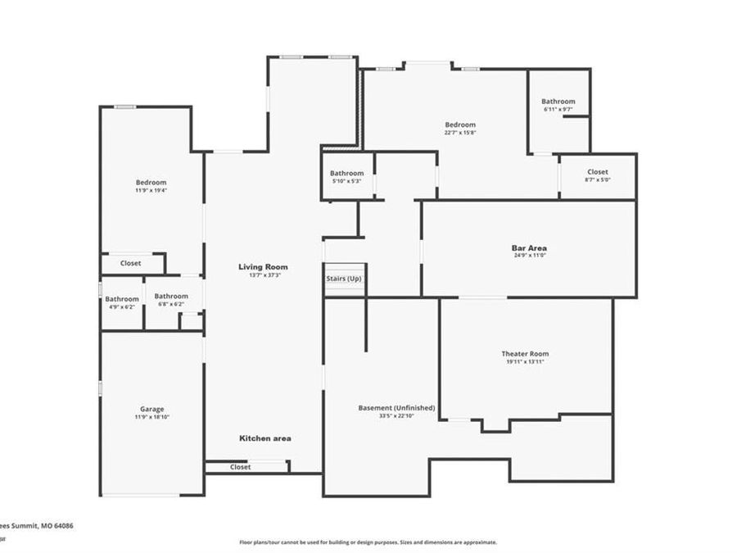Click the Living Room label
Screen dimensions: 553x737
point(263,267)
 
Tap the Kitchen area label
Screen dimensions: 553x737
point(265,438)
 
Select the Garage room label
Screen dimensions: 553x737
point(151,409)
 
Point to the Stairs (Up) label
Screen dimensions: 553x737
point(344,279)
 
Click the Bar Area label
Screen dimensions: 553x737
point(529,247)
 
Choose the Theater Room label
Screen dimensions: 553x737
point(525,354)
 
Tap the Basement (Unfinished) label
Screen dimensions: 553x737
point(396,408)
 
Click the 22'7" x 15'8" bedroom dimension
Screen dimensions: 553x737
point(460,132)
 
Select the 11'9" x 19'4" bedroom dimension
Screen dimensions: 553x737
point(151,190)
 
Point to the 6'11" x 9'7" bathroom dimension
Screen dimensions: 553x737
point(558,109)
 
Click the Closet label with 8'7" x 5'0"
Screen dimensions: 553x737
point(597,172)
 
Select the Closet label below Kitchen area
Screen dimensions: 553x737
point(240,467)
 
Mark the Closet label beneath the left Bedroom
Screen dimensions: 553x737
point(130,263)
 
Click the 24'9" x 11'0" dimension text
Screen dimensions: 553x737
point(529,256)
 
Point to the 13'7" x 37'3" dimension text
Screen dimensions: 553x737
point(263,275)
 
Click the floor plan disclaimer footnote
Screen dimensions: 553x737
point(368,542)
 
